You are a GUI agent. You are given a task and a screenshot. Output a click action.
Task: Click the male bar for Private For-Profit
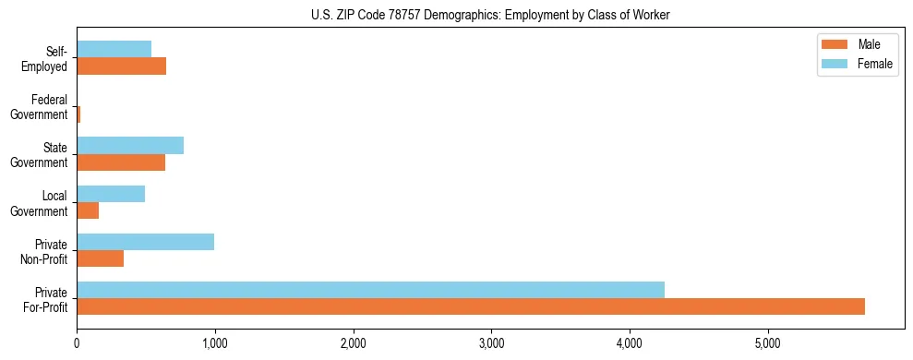point(471,306)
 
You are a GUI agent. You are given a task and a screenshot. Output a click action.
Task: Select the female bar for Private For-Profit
point(370,290)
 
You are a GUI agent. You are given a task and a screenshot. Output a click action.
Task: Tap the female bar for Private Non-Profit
point(145,242)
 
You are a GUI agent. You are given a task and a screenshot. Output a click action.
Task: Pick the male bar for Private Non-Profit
point(100,258)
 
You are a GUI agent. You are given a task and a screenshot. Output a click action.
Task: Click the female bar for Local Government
point(111,194)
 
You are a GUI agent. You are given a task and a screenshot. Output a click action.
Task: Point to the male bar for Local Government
point(88,210)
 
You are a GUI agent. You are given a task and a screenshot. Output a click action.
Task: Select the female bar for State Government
point(130,146)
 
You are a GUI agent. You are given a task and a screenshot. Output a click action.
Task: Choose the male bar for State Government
point(121,162)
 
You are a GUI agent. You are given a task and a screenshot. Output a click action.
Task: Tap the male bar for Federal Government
point(78,114)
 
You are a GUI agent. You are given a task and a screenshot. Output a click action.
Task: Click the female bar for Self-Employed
point(114,49)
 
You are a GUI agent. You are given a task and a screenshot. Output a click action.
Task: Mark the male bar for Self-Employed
point(121,66)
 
